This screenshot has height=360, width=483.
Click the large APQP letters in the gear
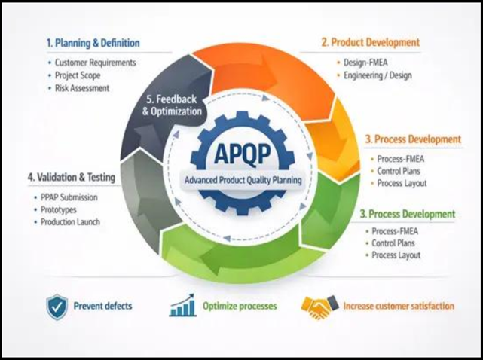(x=243, y=154)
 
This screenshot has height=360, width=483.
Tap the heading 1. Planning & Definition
(x=93, y=43)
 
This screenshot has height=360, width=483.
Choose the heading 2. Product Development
(x=371, y=42)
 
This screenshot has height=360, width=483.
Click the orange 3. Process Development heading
(x=413, y=139)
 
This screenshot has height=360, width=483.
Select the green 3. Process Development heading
(x=408, y=214)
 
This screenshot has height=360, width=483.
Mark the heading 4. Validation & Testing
(x=72, y=177)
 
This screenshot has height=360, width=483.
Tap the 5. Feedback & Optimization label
(x=173, y=105)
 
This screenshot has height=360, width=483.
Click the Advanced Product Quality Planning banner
(x=243, y=180)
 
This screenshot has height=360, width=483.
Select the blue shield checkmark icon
(x=57, y=307)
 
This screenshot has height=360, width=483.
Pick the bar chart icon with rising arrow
(x=182, y=305)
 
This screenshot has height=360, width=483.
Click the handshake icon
(x=320, y=307)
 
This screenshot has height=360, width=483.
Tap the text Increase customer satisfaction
(x=399, y=306)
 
